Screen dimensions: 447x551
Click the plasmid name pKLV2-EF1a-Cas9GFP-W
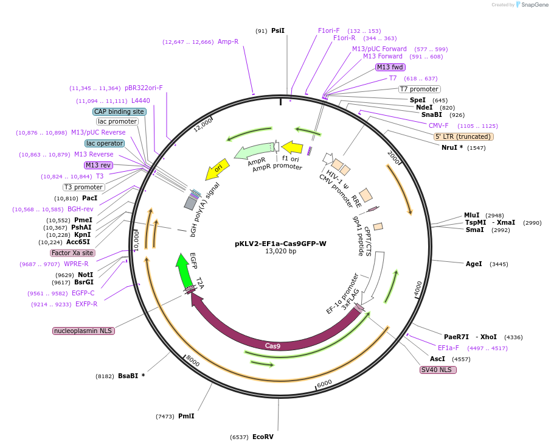[x=280, y=244]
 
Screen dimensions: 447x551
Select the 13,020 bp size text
[x=280, y=252]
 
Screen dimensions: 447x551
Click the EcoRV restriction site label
[x=263, y=437]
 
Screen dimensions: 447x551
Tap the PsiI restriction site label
[x=277, y=30]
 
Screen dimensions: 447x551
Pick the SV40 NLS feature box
[x=437, y=370]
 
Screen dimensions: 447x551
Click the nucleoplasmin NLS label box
[x=83, y=331]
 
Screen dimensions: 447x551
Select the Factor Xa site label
[x=72, y=253]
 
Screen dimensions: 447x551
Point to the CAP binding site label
[x=119, y=111]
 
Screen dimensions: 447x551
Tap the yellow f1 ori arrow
[x=292, y=147]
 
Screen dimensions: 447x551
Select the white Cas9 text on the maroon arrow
[x=272, y=346]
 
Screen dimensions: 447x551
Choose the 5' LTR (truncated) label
[x=463, y=136]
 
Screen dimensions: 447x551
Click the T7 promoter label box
[x=419, y=89]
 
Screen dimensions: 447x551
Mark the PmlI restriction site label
[x=186, y=417]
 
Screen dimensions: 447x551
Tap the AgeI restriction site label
[x=474, y=264]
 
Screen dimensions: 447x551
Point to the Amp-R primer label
[x=228, y=42]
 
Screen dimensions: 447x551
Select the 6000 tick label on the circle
[x=324, y=383]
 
